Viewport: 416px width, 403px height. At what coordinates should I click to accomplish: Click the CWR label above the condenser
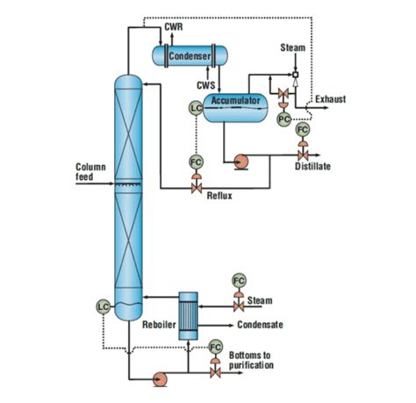click(x=174, y=28)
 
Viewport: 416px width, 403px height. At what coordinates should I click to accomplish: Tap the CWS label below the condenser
click(x=205, y=85)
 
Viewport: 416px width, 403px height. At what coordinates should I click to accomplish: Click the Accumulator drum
click(x=235, y=103)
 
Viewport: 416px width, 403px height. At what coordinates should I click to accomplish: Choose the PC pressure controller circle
click(x=283, y=118)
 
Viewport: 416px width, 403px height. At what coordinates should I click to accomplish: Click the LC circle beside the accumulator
click(x=196, y=108)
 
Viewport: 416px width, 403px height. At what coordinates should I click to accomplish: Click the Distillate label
click(x=312, y=167)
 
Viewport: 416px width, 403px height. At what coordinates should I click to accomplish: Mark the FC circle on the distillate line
click(x=303, y=129)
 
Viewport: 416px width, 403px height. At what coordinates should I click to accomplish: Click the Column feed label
click(x=90, y=171)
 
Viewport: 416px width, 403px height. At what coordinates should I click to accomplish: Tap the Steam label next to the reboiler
click(x=261, y=300)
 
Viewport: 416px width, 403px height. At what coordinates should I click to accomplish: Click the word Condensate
click(x=260, y=324)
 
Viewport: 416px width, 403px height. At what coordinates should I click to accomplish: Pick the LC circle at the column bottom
click(x=103, y=306)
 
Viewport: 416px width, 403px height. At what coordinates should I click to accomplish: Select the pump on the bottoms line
click(x=161, y=378)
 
